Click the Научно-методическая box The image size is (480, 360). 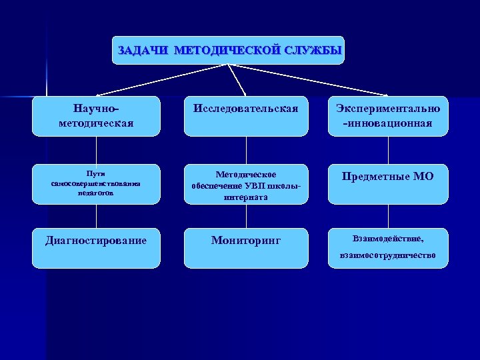96,115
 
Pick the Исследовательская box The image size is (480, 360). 246,115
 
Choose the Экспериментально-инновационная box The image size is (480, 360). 388,115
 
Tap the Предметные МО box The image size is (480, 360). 388,183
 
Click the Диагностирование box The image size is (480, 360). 96,248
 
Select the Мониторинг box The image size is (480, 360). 246,248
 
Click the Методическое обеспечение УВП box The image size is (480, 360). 246,185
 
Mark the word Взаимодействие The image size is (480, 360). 387,238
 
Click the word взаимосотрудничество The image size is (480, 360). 387,255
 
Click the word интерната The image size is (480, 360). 246,197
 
